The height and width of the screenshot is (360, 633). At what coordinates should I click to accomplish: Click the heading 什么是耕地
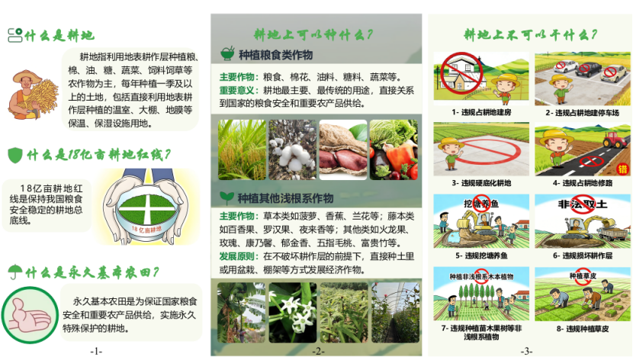click(59, 36)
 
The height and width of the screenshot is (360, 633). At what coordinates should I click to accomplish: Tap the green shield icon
click(15, 155)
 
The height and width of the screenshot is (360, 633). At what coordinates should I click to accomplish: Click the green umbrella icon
click(15, 272)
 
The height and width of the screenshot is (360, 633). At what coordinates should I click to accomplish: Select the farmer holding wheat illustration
click(32, 95)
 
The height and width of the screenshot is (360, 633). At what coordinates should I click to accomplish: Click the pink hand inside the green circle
click(30, 315)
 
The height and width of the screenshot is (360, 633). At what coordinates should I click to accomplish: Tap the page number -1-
click(96, 352)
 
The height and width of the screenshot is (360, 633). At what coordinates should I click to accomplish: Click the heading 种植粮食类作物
click(276, 55)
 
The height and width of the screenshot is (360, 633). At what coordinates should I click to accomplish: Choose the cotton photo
click(293, 149)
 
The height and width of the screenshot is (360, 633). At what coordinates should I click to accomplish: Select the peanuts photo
click(343, 149)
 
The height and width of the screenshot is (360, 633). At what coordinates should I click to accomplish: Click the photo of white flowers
click(293, 313)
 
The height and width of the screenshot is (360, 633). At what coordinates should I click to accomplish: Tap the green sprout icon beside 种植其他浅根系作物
click(227, 198)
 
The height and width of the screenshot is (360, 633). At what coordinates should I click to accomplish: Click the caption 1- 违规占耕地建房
click(481, 112)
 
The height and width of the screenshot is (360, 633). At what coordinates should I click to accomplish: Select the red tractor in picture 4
click(615, 140)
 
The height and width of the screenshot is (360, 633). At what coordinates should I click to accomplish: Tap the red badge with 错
click(623, 169)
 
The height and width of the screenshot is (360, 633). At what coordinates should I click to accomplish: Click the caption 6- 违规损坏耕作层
click(583, 256)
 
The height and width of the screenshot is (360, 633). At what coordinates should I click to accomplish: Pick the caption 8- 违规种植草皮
click(583, 329)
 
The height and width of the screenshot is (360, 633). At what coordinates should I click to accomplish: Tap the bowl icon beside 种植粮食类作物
click(227, 53)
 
